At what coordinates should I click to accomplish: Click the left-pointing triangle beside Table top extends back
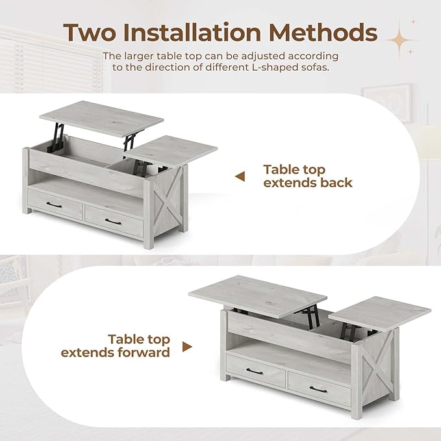tap(240, 176)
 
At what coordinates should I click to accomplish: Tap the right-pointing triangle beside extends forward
tap(187, 347)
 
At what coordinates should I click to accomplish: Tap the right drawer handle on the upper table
tap(115, 222)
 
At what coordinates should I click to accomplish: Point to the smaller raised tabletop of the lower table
tap(380, 312)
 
